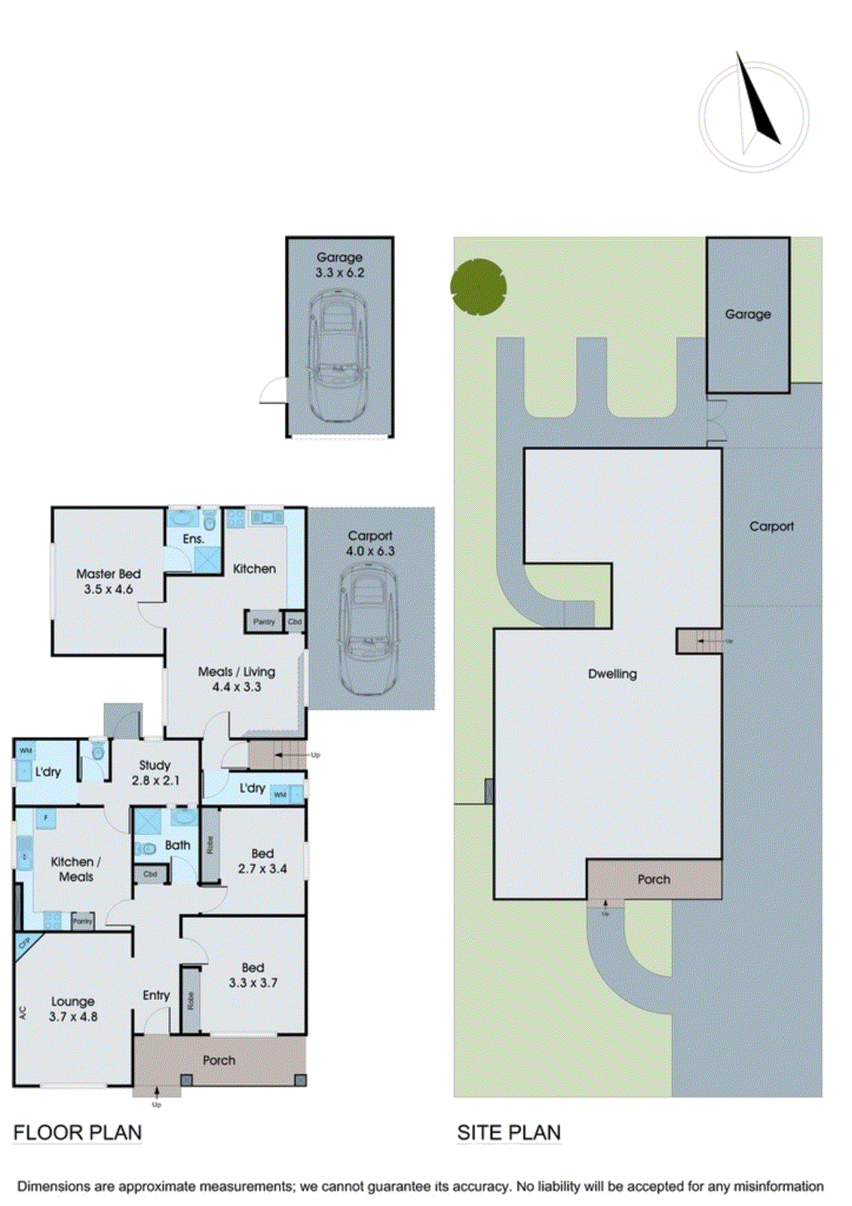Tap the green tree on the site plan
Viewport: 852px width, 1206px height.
[x=478, y=286]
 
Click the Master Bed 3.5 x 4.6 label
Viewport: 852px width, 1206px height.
[x=108, y=581]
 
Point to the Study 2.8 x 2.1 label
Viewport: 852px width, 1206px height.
[x=155, y=773]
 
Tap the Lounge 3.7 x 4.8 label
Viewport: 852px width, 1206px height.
[x=73, y=1009]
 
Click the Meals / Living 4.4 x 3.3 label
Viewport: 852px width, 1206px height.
[x=236, y=678]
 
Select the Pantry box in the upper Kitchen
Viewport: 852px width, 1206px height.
[x=263, y=622]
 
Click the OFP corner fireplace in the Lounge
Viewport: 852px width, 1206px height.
[x=24, y=943]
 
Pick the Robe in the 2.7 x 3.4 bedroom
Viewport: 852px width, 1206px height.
[x=210, y=845]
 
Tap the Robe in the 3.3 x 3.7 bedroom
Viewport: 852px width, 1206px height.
[x=191, y=1000]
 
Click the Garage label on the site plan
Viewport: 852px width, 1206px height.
[x=747, y=314]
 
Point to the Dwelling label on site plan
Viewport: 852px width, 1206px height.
[x=612, y=674]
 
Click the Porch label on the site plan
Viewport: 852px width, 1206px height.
[x=653, y=879]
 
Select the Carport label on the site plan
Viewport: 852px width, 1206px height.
[x=771, y=526]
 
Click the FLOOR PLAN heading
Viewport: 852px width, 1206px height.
[x=78, y=1132]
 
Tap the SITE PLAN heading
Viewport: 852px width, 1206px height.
[x=509, y=1132]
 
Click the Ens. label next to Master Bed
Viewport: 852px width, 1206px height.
[x=193, y=539]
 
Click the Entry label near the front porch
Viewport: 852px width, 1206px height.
[x=156, y=995]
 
